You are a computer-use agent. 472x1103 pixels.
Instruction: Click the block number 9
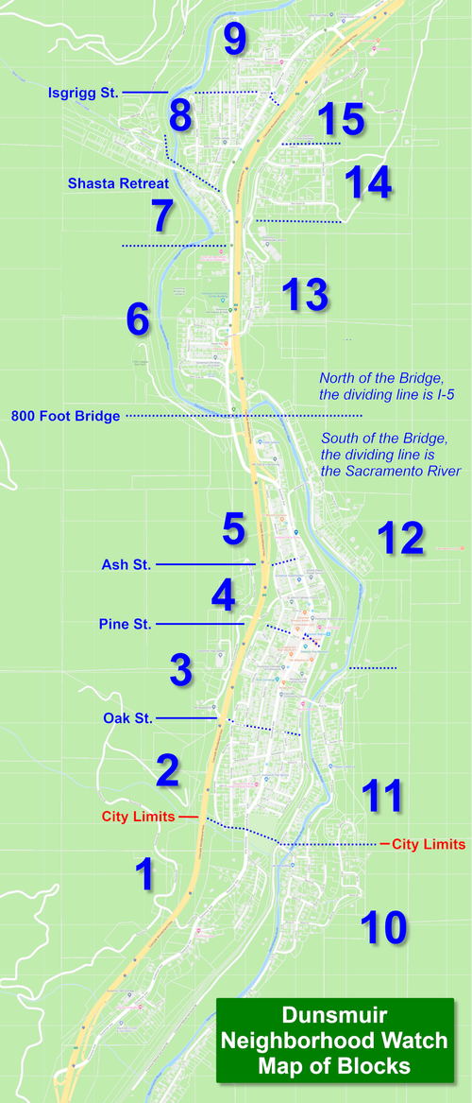[x=235, y=41]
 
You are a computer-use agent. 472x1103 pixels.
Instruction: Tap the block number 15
[x=340, y=119]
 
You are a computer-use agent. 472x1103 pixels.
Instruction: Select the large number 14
[x=367, y=181]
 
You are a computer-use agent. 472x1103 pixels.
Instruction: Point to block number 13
[x=304, y=295]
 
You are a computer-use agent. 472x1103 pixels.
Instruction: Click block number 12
[x=400, y=538]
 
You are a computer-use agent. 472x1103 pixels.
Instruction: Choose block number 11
[x=382, y=796]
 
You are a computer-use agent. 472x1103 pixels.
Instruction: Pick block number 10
[x=382, y=927]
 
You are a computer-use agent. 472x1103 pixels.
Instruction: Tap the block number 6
[x=138, y=320]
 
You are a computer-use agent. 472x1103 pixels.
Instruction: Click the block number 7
[x=161, y=216]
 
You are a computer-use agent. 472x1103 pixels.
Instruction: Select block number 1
[x=144, y=874]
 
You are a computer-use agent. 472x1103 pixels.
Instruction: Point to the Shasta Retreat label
[x=118, y=183]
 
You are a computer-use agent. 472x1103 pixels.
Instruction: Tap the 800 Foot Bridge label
[x=65, y=415]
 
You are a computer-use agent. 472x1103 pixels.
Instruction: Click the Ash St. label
[x=126, y=564]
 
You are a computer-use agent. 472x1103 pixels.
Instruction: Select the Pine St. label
[x=125, y=624]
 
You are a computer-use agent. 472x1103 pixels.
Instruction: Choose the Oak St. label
[x=127, y=718]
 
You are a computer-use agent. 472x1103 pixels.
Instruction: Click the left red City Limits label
[x=138, y=816]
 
